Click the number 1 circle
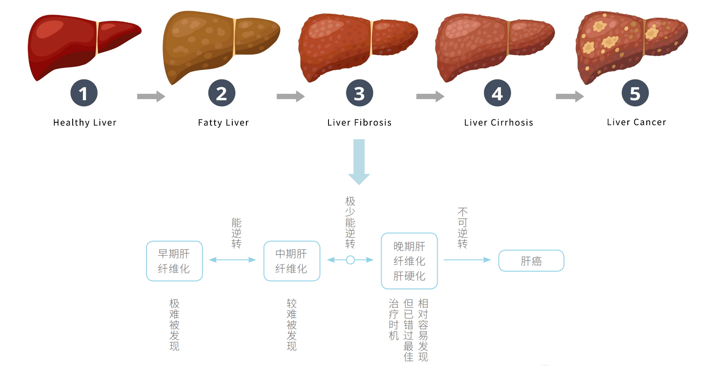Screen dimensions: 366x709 pos(84,93)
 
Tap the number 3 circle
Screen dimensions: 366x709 pos(359,93)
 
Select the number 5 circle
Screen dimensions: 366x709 pos(635,93)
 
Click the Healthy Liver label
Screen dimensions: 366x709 pos(85,123)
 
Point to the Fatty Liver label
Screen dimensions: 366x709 pos(223,123)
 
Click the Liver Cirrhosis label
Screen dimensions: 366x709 pos(499,123)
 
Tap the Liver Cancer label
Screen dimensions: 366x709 pos(636,122)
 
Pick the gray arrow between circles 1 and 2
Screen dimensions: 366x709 pos(151,97)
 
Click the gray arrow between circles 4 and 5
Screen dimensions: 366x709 pos(570,97)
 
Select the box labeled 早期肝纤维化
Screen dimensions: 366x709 pos(174,261)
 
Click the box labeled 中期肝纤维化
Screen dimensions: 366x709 pos(292,261)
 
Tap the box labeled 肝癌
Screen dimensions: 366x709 pos(531,261)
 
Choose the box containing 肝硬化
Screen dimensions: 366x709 pos(409,261)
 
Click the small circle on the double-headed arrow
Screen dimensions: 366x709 pos(350,260)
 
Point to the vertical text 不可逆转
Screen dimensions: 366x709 pos(463,228)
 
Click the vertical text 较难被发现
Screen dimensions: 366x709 pos(292,325)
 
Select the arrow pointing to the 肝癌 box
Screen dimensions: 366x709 pos(467,260)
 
